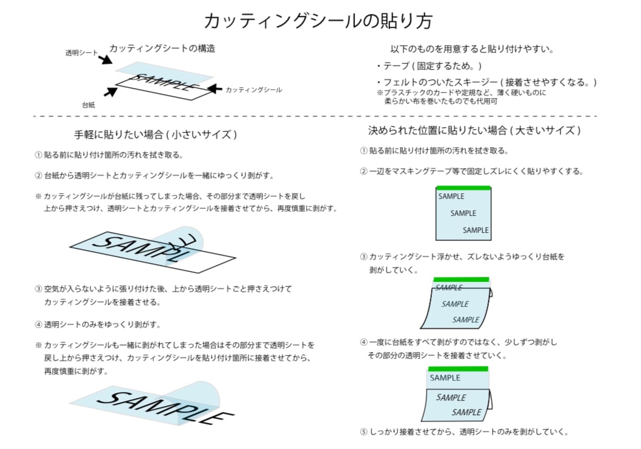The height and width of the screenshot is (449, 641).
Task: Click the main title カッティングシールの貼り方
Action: tap(318, 21)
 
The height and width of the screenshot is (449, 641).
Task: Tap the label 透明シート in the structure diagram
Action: tap(81, 53)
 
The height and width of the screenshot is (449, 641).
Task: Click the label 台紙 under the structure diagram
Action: tap(88, 105)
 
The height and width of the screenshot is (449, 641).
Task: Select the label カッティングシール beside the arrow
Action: tap(253, 90)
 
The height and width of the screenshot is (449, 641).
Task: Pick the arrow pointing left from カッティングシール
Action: tap(214, 88)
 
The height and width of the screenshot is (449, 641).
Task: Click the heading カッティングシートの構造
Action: tap(162, 48)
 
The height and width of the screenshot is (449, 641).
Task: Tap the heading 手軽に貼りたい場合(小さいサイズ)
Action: tap(155, 135)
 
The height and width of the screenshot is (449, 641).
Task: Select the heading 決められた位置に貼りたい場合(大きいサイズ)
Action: tap(474, 130)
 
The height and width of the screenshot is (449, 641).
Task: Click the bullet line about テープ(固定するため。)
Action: tap(429, 66)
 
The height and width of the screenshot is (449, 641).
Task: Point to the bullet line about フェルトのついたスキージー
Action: tap(487, 82)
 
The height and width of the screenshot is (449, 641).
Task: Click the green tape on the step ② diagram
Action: tap(463, 188)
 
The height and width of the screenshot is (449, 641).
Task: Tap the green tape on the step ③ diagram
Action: tap(461, 280)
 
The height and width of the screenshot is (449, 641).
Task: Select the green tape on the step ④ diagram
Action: tap(458, 369)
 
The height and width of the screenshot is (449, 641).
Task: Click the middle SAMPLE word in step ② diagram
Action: tap(463, 213)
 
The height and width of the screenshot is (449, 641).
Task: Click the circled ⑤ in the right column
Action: tap(364, 431)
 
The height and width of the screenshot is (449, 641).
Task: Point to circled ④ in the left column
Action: tap(38, 325)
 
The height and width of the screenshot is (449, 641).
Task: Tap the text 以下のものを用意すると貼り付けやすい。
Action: tap(472, 49)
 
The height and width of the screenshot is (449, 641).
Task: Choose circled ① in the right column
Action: tap(364, 151)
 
